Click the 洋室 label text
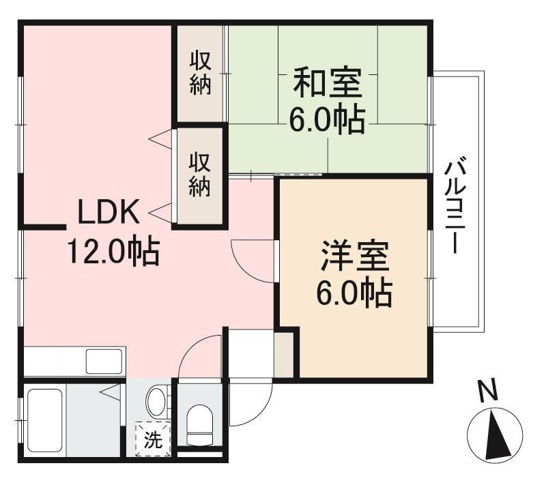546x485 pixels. [x=354, y=257]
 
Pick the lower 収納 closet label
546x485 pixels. [x=200, y=176]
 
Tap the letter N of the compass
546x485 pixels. [x=487, y=392]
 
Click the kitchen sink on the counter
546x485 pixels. [x=104, y=360]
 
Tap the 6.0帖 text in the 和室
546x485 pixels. [x=326, y=120]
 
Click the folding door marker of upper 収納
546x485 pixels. [x=160, y=138]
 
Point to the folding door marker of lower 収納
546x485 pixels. [x=160, y=214]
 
